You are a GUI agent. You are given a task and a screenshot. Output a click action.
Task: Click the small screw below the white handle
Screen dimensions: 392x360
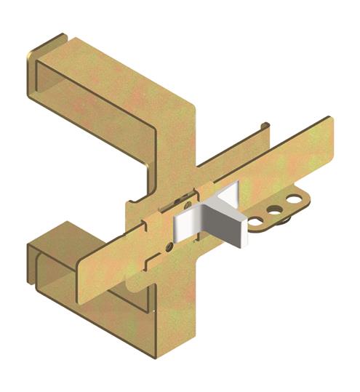169,246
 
